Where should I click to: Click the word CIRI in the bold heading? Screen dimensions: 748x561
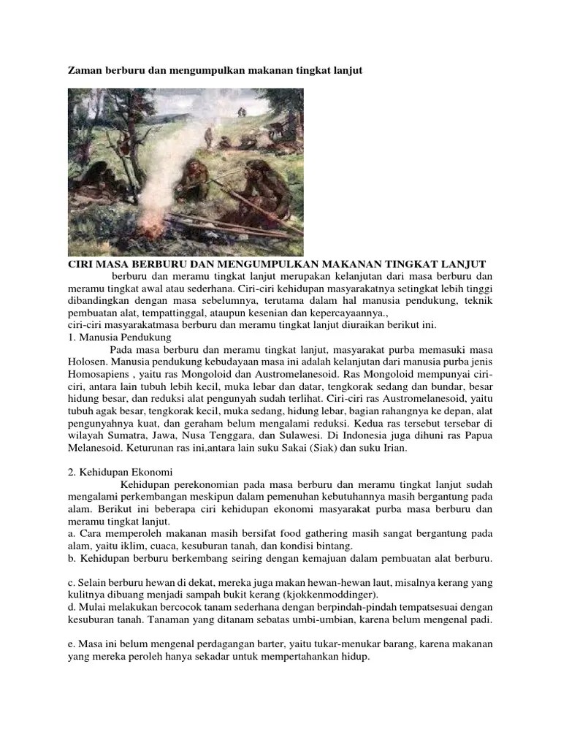pos(82,264)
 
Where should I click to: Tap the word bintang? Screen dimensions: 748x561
pos(336,546)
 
